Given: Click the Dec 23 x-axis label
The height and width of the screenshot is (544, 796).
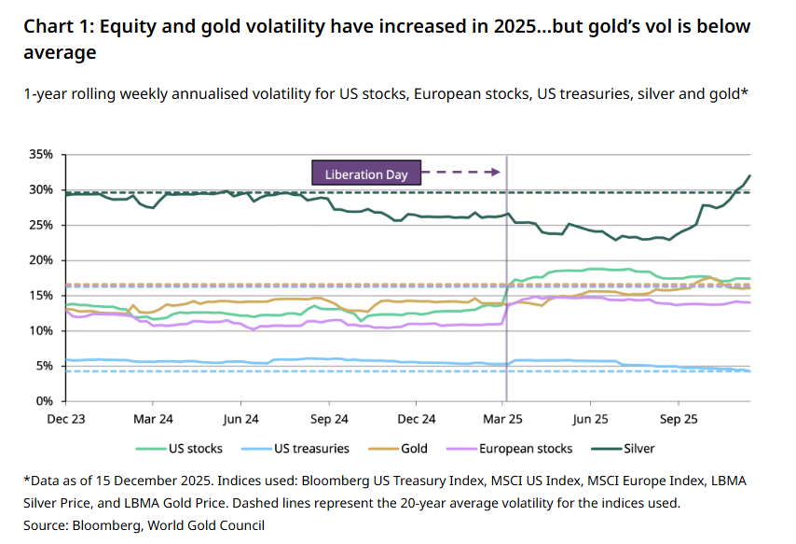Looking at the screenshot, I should coord(66,419).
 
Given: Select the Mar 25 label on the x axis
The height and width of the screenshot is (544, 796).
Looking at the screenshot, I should coord(506,419).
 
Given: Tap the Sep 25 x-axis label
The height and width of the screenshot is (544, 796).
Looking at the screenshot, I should coord(681,419).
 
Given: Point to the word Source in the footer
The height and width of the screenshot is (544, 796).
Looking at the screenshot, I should coord(46,525).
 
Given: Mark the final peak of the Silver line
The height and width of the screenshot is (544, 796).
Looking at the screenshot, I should coord(749,175).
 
